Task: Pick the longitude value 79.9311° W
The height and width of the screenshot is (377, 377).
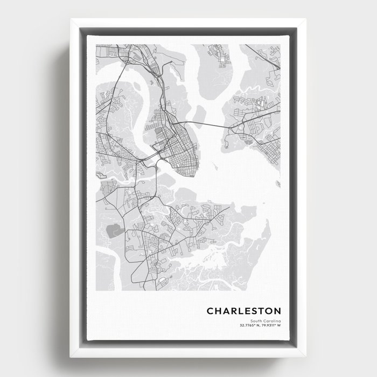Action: (269, 325)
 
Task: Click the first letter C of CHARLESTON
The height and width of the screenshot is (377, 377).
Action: (210, 311)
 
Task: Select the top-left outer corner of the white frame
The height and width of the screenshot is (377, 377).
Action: (69, 19)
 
